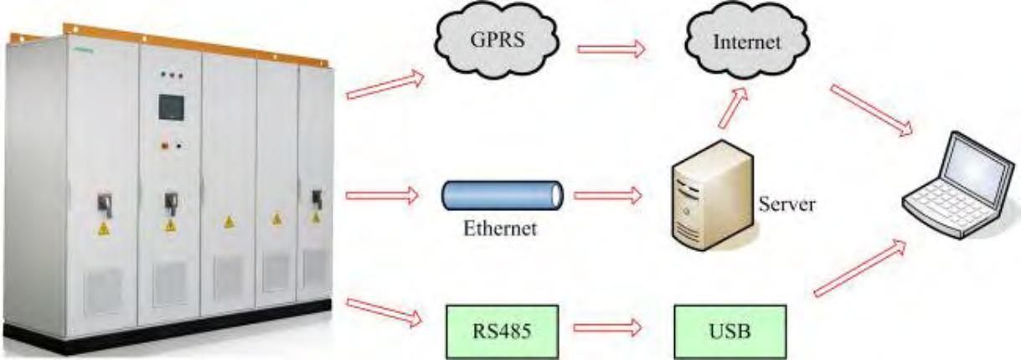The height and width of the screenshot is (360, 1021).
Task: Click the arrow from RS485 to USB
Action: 605,324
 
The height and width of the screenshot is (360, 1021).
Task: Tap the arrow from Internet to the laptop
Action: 871,109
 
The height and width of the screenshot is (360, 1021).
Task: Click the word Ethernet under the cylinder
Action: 500,228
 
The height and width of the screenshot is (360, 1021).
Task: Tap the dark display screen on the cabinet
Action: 172,107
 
